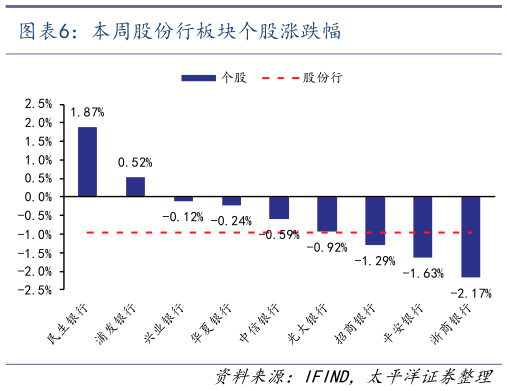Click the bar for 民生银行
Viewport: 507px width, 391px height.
pyautogui.click(x=87, y=161)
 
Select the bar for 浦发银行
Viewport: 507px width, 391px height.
pyautogui.click(x=135, y=187)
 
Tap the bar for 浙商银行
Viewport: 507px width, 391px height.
pyautogui.click(x=470, y=236)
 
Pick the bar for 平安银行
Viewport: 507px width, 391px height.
pyautogui.click(x=422, y=226)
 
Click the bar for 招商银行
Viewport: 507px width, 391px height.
pyautogui.click(x=375, y=220)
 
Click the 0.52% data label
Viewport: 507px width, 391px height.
pyautogui.click(x=135, y=161)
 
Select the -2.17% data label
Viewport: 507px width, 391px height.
pyautogui.click(x=470, y=292)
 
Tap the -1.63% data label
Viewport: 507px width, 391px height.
pyautogui.click(x=423, y=272)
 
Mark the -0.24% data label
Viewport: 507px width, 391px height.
pyautogui.click(x=231, y=220)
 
